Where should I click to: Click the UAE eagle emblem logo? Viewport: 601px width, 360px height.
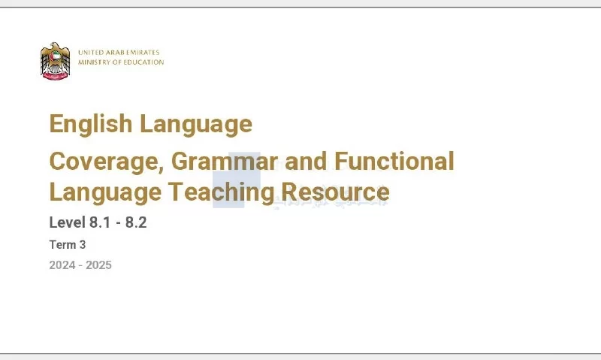pos(55,61)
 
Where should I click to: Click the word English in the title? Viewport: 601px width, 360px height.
pos(91,123)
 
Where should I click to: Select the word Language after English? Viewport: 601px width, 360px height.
pos(196,125)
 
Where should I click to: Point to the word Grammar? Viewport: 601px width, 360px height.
pos(224,161)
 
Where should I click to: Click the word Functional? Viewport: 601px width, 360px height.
pos(394,161)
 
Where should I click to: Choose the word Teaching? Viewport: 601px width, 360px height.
pos(222,192)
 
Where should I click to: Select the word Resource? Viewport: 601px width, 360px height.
pos(336,192)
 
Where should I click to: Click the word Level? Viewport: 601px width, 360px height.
pos(67,222)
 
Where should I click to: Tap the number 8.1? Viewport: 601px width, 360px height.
pos(100,222)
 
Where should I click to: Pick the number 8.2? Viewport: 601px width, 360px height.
pos(136,222)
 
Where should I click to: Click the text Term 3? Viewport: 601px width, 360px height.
pos(68,244)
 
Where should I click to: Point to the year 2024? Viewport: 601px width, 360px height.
pos(62,265)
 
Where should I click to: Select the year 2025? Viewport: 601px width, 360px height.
pos(98,265)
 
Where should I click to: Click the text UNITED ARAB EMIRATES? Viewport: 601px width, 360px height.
pos(119,52)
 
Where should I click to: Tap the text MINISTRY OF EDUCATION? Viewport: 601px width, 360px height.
pos(121,62)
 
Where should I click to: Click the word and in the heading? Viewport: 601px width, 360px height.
pos(307,161)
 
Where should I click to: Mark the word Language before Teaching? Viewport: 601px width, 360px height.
pos(105,193)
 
